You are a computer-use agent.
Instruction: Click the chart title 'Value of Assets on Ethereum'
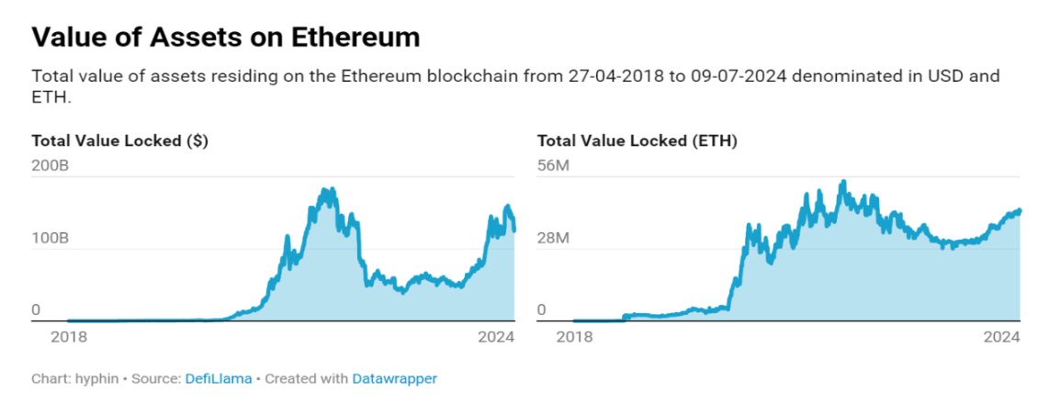pos(225,37)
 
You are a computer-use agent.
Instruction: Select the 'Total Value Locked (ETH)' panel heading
pos(637,141)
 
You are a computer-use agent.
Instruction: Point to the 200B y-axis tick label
pos(51,166)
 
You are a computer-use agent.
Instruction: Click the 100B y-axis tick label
pos(51,238)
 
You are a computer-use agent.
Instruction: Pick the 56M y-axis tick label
pos(554,166)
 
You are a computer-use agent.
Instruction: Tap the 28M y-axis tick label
pos(554,238)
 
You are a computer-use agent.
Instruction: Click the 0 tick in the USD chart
pos(37,310)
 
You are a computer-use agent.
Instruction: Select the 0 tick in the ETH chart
pos(541,310)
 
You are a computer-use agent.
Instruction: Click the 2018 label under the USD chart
pos(68,337)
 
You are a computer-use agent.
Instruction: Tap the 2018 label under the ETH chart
pos(575,337)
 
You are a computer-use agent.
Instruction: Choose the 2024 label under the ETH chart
pos(1002,337)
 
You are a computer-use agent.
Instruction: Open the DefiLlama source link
pos(219,378)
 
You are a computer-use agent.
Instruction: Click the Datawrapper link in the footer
pos(394,378)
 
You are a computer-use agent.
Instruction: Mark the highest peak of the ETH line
pos(843,182)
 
